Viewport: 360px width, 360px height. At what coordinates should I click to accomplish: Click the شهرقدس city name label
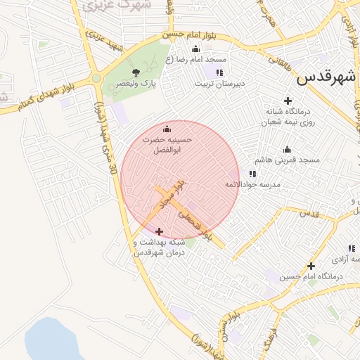tap(326, 77)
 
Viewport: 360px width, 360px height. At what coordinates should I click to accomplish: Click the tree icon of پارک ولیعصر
tap(136, 72)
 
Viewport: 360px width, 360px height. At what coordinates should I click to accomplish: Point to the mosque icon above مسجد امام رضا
tap(195, 49)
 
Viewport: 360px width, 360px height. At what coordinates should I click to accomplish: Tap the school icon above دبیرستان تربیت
tap(220, 72)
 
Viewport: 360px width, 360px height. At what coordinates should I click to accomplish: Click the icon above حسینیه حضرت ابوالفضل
tap(167, 129)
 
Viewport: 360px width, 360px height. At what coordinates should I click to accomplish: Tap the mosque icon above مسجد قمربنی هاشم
tap(287, 149)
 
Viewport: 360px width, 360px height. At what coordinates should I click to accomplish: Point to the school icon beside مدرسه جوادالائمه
tap(251, 173)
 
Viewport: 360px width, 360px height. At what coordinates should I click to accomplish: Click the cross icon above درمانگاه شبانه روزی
tap(287, 101)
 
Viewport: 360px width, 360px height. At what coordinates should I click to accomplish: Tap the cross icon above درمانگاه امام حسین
tap(311, 266)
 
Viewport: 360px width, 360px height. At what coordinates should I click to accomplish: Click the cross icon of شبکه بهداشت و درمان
tap(159, 231)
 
